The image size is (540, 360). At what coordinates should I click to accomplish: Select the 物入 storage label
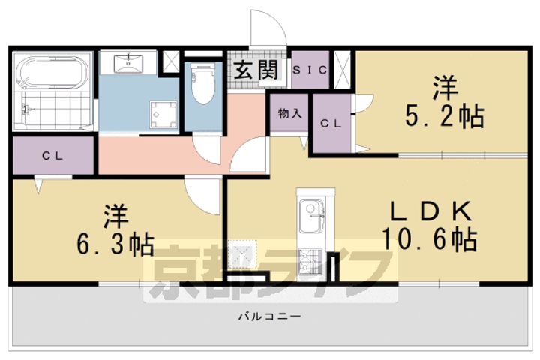click(289, 114)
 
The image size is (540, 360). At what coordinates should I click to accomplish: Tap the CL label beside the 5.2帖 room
click(331, 124)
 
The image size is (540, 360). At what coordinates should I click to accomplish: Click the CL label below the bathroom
click(51, 157)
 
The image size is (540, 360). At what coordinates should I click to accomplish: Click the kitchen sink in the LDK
click(310, 217)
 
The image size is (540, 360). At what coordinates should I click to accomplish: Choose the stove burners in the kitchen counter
click(309, 260)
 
